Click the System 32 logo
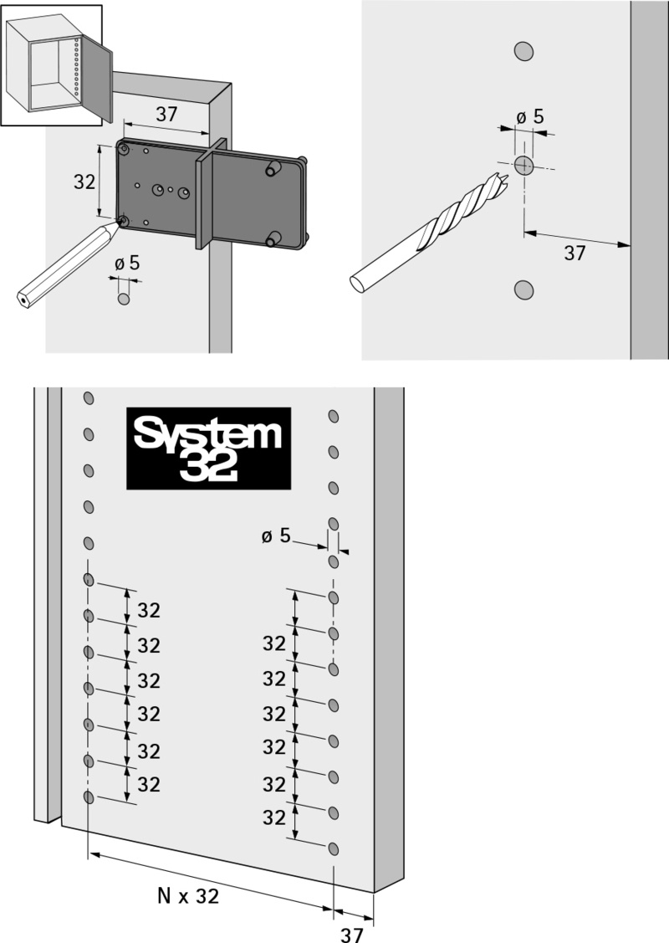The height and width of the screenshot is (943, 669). coord(208,448)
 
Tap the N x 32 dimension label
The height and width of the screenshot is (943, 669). coord(188,896)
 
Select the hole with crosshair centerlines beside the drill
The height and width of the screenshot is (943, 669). coord(524,165)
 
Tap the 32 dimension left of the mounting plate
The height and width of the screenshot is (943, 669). coord(84,181)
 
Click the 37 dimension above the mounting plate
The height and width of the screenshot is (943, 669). coord(166,114)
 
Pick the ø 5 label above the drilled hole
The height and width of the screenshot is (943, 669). coord(530,116)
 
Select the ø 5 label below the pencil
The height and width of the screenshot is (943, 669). coord(127,263)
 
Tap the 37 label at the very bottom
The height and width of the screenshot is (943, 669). coord(351,934)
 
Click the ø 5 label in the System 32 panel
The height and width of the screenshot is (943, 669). coord(276,536)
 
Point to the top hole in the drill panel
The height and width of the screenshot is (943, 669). coord(524,51)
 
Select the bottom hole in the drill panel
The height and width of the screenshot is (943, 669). coord(524,290)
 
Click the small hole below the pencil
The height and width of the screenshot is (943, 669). coord(124,299)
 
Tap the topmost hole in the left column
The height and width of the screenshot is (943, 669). coord(89,398)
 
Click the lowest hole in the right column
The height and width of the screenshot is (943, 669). coord(334,849)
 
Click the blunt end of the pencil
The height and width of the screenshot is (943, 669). coord(23,300)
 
